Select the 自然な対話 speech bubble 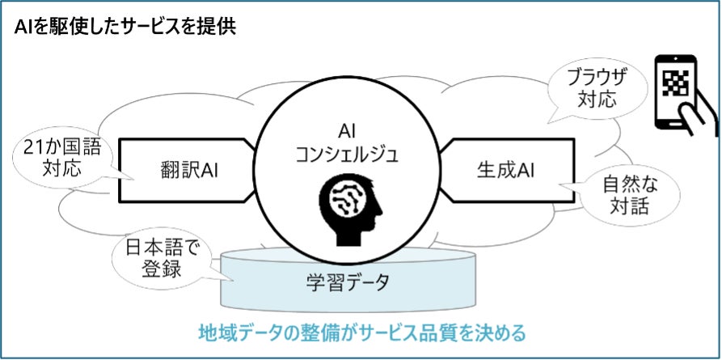point(629,194)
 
